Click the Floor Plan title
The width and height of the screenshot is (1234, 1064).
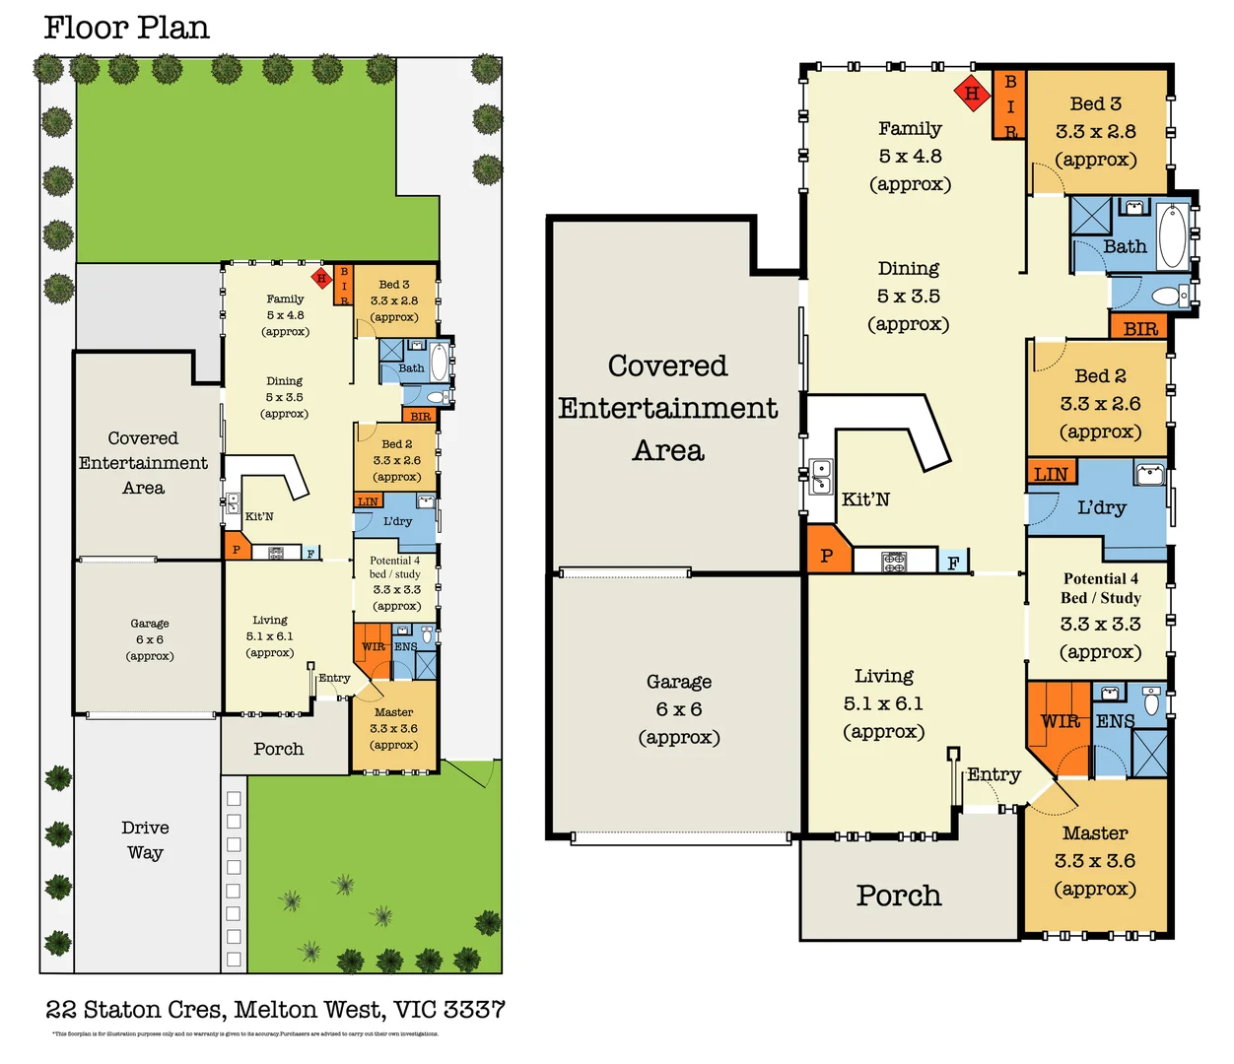click(x=126, y=28)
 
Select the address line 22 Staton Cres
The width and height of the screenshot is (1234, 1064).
click(x=275, y=1010)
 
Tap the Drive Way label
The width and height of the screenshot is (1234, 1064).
click(x=145, y=839)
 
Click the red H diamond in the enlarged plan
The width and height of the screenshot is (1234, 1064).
click(x=972, y=94)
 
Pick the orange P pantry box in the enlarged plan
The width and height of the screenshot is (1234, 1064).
click(x=827, y=555)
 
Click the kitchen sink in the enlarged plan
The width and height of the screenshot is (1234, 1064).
click(x=821, y=476)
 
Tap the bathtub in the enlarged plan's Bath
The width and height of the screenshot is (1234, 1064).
click(x=1172, y=236)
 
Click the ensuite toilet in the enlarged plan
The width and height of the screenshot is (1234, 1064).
click(x=1151, y=701)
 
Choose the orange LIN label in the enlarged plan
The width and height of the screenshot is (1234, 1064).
click(x=1051, y=474)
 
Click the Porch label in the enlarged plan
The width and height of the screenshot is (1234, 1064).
click(x=899, y=896)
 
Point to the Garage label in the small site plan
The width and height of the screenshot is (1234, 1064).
click(x=150, y=638)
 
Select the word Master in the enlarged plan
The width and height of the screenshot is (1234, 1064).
click(x=1095, y=833)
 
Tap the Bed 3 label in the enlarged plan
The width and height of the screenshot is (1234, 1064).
click(x=1096, y=104)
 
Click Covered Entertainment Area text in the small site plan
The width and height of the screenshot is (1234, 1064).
click(x=143, y=463)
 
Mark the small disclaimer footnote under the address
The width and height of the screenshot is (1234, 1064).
click(x=245, y=1033)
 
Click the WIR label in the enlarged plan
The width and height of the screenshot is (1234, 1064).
click(x=1061, y=721)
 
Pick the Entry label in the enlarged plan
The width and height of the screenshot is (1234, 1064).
click(x=994, y=774)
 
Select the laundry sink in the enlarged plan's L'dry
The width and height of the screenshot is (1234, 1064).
click(x=1149, y=475)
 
